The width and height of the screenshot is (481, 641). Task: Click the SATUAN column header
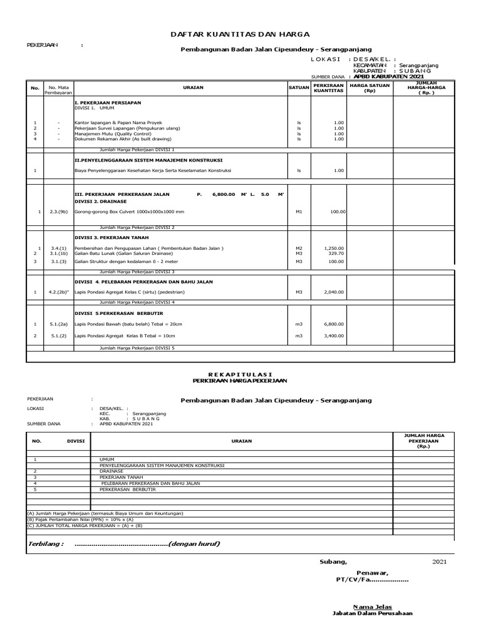(x=299, y=88)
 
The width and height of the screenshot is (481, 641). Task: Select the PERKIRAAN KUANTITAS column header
(x=329, y=88)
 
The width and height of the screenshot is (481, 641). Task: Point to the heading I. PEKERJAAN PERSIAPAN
(x=108, y=101)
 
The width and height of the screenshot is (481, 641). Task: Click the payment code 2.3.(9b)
(x=58, y=212)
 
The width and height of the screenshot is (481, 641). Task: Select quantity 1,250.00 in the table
(x=334, y=248)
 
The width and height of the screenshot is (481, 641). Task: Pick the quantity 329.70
(x=336, y=253)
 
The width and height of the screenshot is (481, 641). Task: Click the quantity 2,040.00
(x=334, y=292)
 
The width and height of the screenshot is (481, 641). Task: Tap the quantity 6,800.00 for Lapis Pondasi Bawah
(x=334, y=324)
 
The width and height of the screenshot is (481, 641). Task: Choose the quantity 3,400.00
(x=334, y=336)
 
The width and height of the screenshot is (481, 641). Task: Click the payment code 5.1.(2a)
(x=58, y=324)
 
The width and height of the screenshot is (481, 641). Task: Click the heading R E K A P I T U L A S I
(x=241, y=374)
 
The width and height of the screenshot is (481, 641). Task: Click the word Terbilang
(x=46, y=543)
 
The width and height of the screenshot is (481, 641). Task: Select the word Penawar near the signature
(x=373, y=573)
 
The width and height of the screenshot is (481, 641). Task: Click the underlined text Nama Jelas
(x=373, y=607)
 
